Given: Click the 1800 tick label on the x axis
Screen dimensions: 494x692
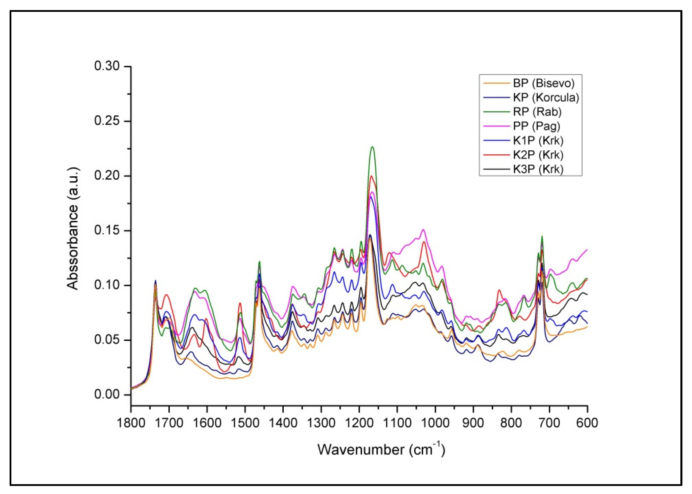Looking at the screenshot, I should [131, 423].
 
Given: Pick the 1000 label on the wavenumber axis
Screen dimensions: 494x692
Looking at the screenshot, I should [435, 423].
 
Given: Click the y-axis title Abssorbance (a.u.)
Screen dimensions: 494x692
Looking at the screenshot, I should [73, 228].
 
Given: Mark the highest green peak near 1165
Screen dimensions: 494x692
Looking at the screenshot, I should [372, 147].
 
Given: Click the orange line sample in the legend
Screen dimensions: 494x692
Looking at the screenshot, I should [496, 83].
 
